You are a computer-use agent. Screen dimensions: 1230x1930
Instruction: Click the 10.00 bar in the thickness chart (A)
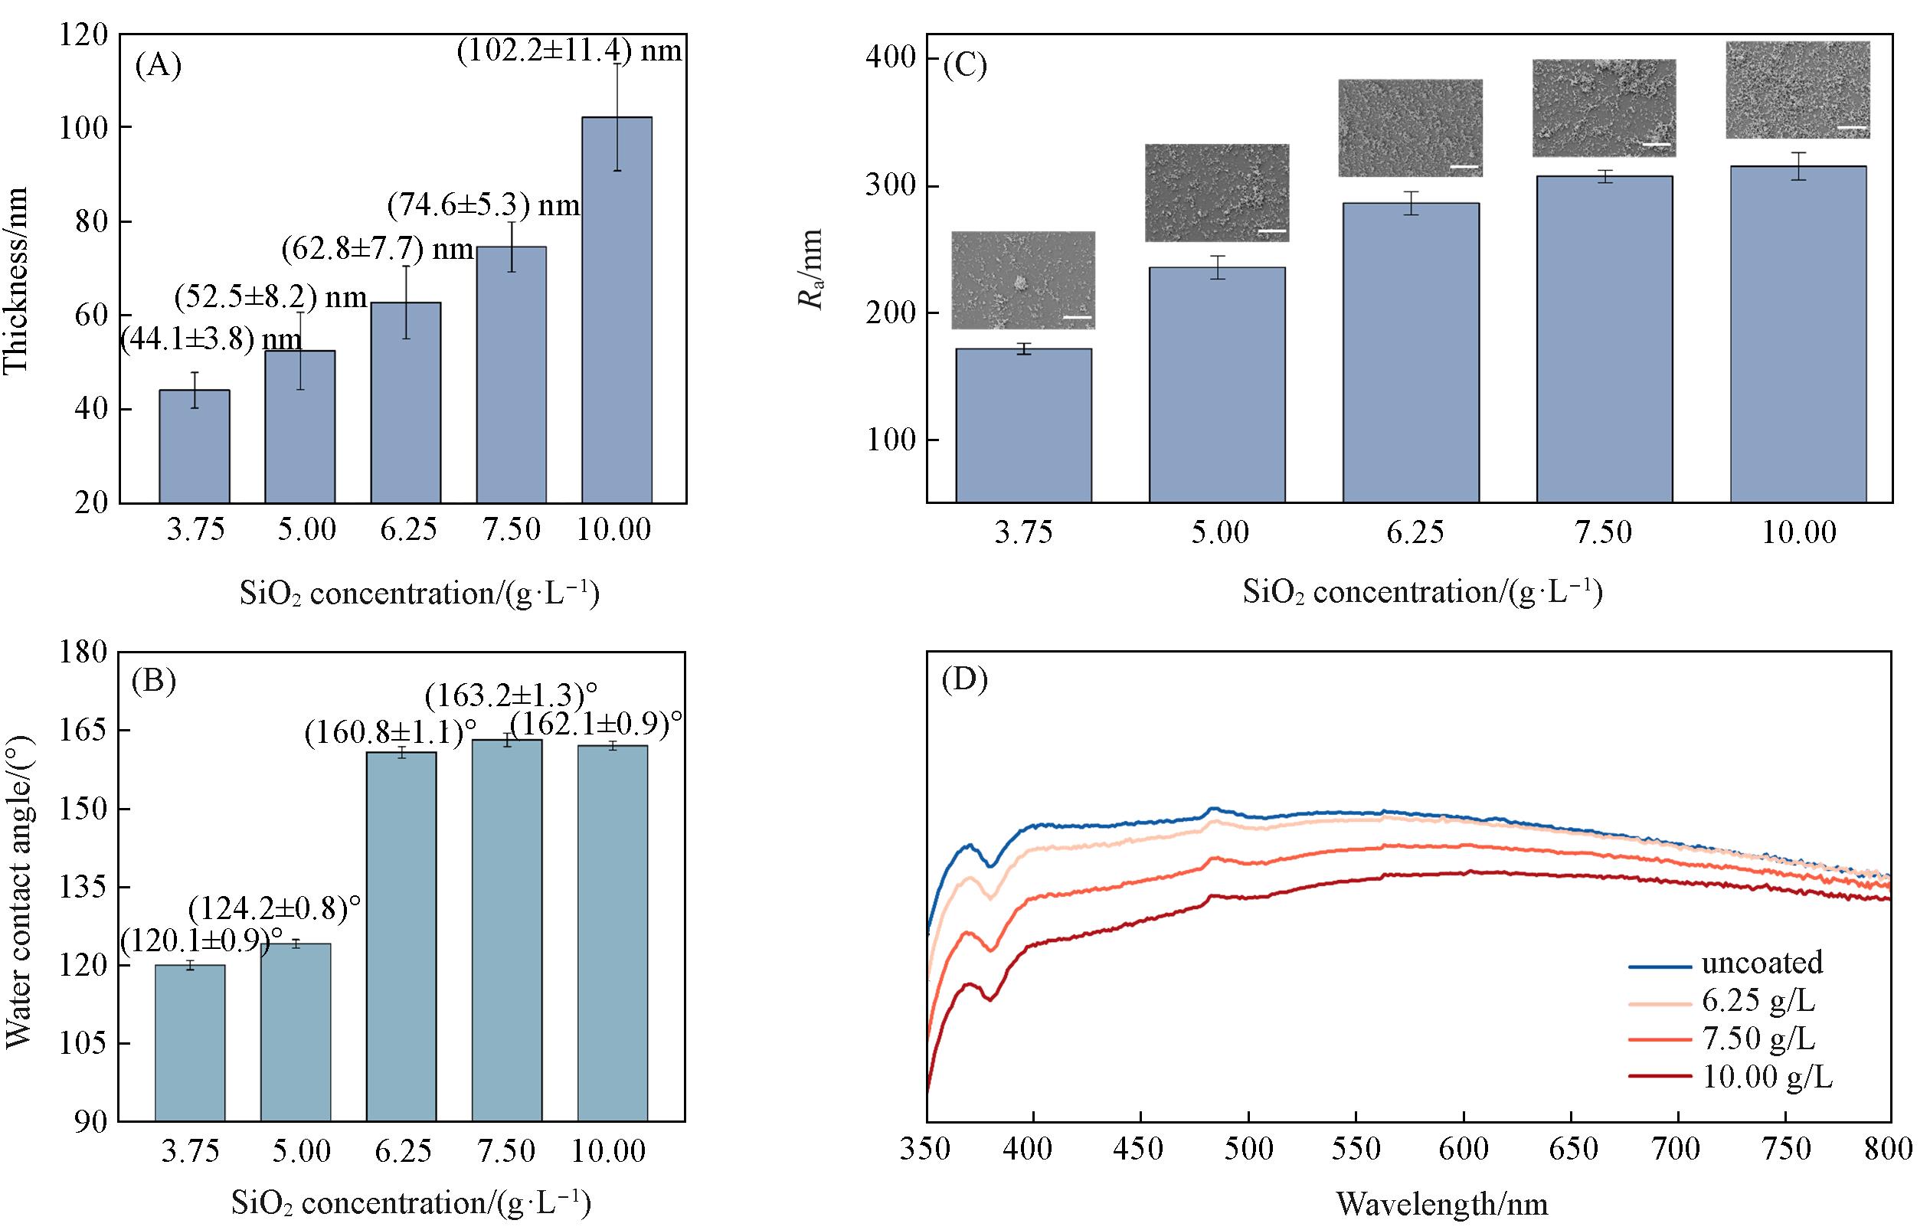[x=617, y=311]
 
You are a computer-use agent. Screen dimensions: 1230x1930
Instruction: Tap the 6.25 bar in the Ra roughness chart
[x=1411, y=352]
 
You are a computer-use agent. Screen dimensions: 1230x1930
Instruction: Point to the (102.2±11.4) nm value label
[x=569, y=51]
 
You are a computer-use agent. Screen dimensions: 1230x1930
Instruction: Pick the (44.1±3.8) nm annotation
[x=211, y=340]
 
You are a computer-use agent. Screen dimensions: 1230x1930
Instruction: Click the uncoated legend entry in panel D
[x=1761, y=962]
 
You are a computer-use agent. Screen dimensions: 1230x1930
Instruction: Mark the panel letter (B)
[x=153, y=680]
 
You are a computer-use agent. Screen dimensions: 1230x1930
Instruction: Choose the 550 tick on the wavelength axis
[x=1356, y=1149]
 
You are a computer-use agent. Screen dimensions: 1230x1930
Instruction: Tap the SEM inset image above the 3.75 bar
[x=1022, y=280]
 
